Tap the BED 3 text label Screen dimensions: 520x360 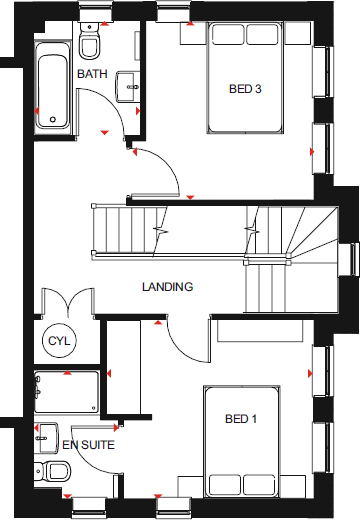pos(245,89)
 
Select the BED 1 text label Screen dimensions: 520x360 pos(240,418)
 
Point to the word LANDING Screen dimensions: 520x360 pos(167,287)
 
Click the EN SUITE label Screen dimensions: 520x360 pos(89,443)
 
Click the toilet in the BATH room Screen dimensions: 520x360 pos(90,46)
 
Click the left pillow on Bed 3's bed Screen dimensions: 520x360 pos(227,35)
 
